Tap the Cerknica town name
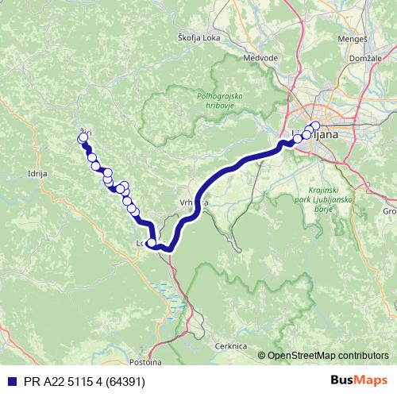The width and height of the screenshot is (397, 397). point(232,347)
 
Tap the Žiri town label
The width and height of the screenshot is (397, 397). point(85,132)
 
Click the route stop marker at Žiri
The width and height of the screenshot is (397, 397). point(83,139)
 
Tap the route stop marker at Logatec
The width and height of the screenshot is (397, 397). point(152,243)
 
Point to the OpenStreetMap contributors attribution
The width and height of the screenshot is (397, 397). point(327,355)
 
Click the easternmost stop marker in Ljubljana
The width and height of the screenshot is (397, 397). point(315,126)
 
